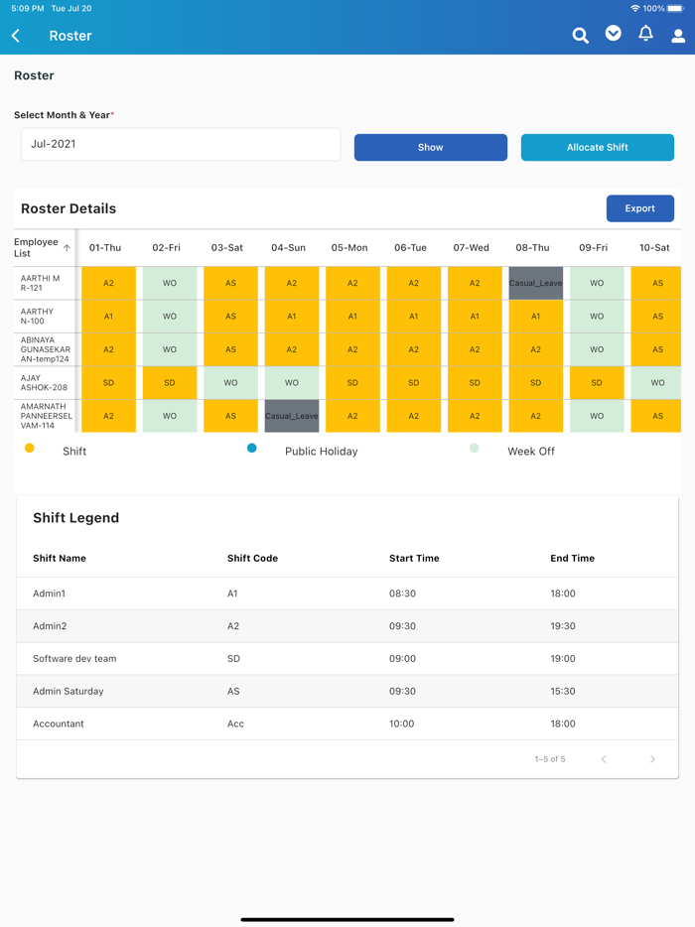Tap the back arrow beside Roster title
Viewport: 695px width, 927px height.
click(16, 36)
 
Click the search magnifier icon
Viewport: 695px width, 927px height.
click(580, 36)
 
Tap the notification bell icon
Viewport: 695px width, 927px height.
click(645, 34)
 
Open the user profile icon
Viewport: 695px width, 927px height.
click(678, 36)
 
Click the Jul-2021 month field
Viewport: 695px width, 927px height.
click(180, 144)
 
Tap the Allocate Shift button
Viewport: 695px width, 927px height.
click(597, 147)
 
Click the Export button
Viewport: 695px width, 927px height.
click(639, 208)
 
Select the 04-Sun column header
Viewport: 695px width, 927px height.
click(288, 247)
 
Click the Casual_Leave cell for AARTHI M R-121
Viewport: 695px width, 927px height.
click(535, 283)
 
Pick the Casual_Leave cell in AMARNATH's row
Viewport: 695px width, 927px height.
click(292, 416)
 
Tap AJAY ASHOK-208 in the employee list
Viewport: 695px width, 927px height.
click(39, 383)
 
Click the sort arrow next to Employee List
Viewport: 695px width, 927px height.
click(68, 247)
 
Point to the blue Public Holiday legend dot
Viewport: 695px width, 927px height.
click(252, 449)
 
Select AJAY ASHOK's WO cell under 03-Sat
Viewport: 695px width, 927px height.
click(230, 382)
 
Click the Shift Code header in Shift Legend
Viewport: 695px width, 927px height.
click(252, 558)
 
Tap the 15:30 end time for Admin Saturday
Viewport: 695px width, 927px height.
click(563, 691)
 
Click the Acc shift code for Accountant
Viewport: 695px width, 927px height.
click(235, 724)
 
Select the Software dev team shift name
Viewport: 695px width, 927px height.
click(74, 658)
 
